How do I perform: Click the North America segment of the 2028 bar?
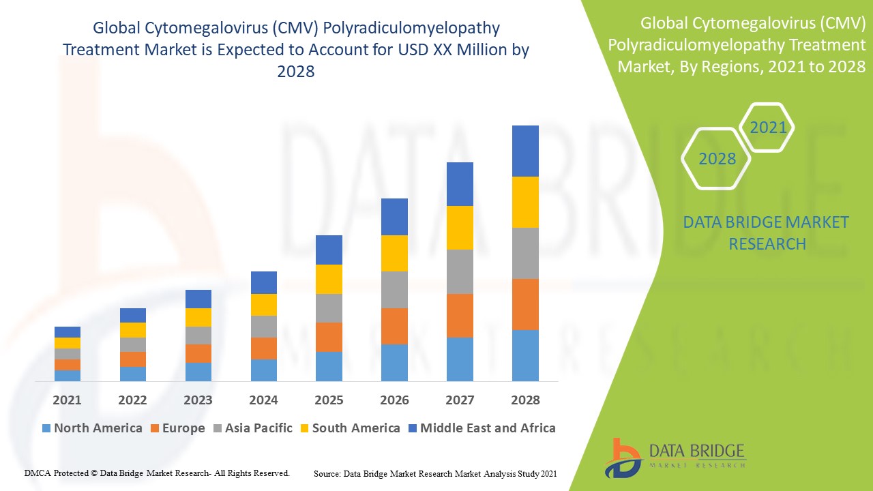point(525,355)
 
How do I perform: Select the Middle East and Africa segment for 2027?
point(460,184)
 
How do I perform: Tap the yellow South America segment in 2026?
point(394,253)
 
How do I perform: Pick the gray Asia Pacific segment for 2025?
point(329,308)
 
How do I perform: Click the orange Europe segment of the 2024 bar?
point(264,348)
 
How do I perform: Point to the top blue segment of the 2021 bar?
point(68,332)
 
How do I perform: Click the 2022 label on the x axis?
point(132,400)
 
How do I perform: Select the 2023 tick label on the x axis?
point(198,400)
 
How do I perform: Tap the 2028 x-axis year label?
point(525,400)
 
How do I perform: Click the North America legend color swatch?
point(46,428)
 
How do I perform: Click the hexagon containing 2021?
point(767,128)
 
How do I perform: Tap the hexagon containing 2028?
point(717,159)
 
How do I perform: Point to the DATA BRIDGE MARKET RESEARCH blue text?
point(767,233)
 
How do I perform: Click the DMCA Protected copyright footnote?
point(157,473)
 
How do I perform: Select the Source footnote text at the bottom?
point(436,473)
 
